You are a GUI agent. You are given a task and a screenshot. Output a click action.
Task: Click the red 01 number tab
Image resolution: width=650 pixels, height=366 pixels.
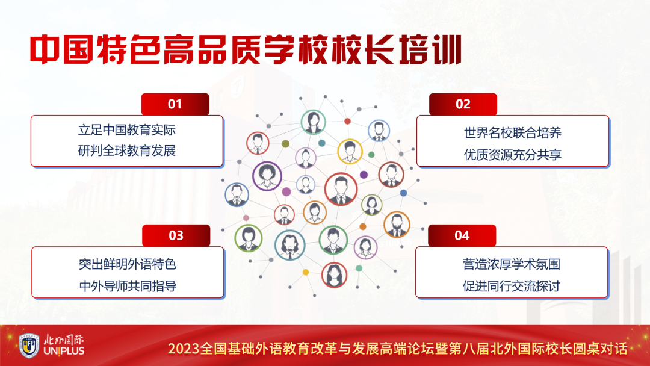click(175, 104)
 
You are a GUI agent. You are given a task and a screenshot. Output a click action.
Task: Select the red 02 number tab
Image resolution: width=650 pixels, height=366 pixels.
click(463, 104)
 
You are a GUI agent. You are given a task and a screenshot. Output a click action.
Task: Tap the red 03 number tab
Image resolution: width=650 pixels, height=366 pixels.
click(176, 235)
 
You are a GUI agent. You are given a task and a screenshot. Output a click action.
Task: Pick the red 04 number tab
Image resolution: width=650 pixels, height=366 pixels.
click(462, 235)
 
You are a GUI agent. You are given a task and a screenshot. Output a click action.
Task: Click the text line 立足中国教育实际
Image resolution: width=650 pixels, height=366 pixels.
click(127, 130)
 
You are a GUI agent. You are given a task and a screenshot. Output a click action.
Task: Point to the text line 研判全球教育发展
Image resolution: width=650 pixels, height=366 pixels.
click(127, 150)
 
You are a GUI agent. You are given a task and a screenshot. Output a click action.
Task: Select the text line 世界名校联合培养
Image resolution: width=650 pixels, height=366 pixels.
click(512, 133)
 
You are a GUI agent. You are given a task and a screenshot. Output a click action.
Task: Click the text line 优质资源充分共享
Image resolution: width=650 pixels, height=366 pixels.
click(512, 155)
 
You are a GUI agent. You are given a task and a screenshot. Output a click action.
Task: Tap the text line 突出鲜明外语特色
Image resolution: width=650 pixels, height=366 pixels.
click(128, 264)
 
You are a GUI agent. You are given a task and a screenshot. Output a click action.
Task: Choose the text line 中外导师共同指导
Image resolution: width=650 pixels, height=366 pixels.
click(128, 286)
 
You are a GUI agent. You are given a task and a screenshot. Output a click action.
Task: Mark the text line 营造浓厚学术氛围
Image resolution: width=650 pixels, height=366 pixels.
click(512, 264)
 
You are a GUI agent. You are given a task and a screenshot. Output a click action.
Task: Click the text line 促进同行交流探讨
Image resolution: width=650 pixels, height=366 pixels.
click(512, 286)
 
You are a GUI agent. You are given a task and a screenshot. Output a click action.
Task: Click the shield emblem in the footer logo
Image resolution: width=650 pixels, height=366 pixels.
click(29, 346)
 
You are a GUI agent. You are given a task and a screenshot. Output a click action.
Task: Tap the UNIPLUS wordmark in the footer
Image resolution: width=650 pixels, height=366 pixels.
click(64, 351)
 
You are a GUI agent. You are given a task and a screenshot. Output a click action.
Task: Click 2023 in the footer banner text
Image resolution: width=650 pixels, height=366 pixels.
click(184, 349)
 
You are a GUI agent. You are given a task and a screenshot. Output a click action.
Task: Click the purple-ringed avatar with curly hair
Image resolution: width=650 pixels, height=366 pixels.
click(267, 176)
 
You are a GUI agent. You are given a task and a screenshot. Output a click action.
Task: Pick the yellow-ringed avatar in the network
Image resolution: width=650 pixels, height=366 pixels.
click(350, 151)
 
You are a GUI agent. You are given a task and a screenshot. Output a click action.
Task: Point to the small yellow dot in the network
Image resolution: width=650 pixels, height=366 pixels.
click(306, 272)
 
